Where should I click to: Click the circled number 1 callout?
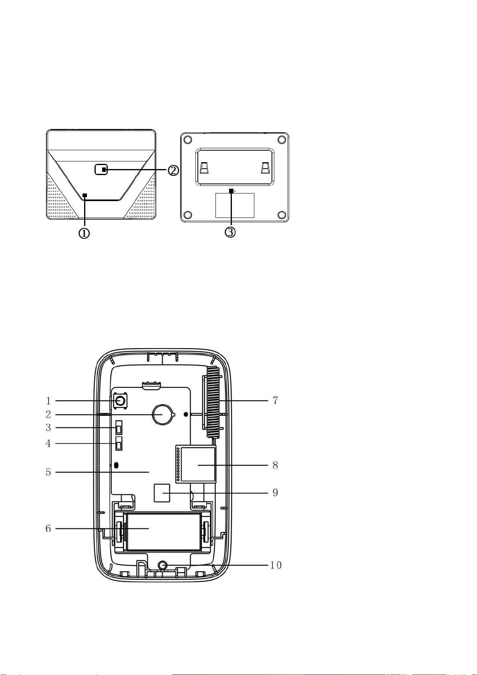[84, 233]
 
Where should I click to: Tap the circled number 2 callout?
[173, 171]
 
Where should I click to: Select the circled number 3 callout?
[230, 232]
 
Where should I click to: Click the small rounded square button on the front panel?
[101, 170]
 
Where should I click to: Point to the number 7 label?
[275, 400]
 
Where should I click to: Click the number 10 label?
[276, 565]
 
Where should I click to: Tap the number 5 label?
[48, 472]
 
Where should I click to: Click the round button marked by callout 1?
[120, 401]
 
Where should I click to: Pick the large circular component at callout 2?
[163, 414]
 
